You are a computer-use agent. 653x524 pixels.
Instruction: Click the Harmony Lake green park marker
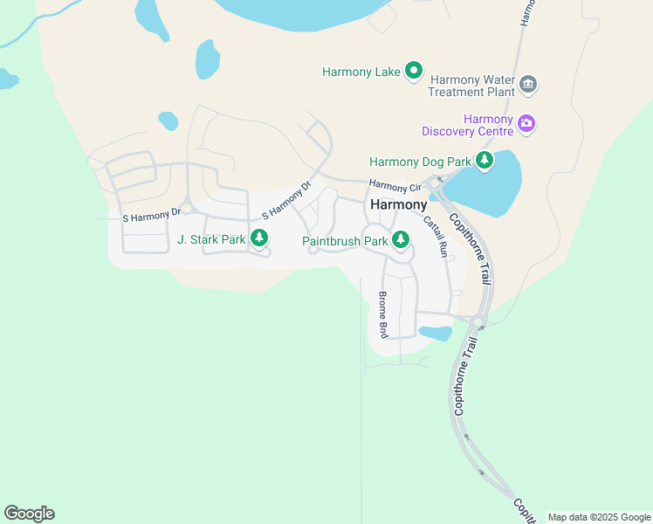[414, 72]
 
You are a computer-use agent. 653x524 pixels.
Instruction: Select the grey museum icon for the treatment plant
[527, 85]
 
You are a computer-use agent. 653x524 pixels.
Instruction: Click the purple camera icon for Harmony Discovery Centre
[526, 125]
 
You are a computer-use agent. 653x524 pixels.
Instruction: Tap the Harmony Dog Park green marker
[484, 161]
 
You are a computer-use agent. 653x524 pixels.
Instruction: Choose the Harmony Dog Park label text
[420, 162]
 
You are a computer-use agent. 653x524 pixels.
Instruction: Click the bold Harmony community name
[399, 204]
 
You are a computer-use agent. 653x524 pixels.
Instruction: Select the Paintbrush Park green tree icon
[401, 238]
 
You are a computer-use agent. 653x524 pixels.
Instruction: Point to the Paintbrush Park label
[345, 241]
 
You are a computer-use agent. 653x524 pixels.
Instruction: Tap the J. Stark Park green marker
[258, 238]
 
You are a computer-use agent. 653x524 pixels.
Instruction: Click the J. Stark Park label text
[211, 238]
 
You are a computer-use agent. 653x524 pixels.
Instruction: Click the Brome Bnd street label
[382, 314]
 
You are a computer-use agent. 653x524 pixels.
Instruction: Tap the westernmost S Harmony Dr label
[151, 212]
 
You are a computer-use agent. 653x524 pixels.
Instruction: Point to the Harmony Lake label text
[361, 72]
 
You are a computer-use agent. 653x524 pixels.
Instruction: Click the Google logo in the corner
[29, 514]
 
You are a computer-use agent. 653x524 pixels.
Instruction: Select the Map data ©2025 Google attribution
[599, 517]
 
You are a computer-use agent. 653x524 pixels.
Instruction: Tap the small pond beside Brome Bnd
[435, 333]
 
